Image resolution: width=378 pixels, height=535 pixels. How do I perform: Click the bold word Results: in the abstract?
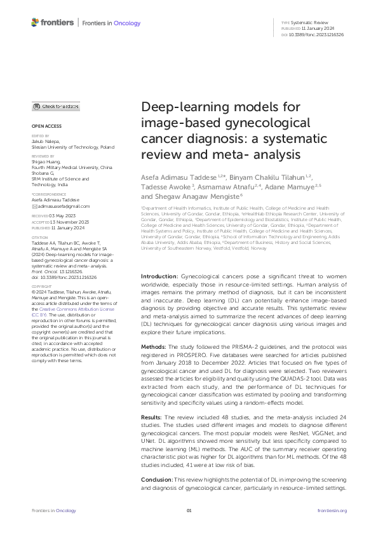pos(152,434)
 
